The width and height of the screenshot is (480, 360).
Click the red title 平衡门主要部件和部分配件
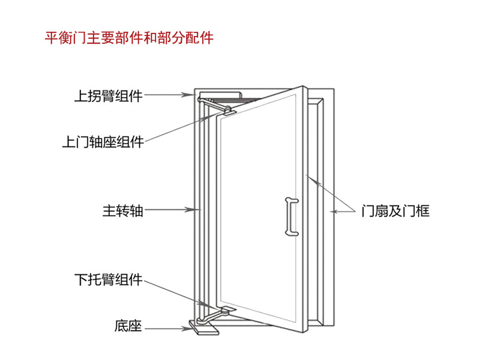tap(130, 38)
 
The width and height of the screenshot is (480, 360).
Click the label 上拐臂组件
tap(108, 95)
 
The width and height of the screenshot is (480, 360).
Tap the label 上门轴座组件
tap(103, 142)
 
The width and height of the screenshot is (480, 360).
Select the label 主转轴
tap(122, 211)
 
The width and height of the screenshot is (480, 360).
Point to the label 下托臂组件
tap(108, 279)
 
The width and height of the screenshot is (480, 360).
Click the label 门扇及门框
tap(395, 211)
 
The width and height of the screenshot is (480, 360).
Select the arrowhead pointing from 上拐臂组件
tap(191, 95)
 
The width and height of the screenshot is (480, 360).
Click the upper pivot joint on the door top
tap(229, 109)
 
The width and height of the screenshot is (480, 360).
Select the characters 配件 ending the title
tap(199, 38)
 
